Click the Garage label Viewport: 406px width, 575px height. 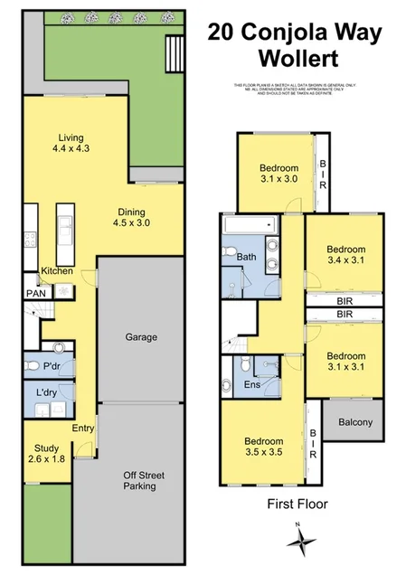pos(141,337)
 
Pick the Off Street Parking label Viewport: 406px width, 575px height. pos(139,480)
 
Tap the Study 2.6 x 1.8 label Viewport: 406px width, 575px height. pos(46,453)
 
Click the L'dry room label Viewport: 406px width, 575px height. pos(47,395)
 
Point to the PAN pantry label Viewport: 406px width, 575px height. pos(35,294)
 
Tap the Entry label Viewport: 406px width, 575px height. pos(84,429)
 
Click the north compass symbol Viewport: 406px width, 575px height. pos(302,542)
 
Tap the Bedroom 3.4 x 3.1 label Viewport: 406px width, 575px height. pos(345,255)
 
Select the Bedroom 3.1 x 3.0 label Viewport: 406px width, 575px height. pos(279,173)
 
